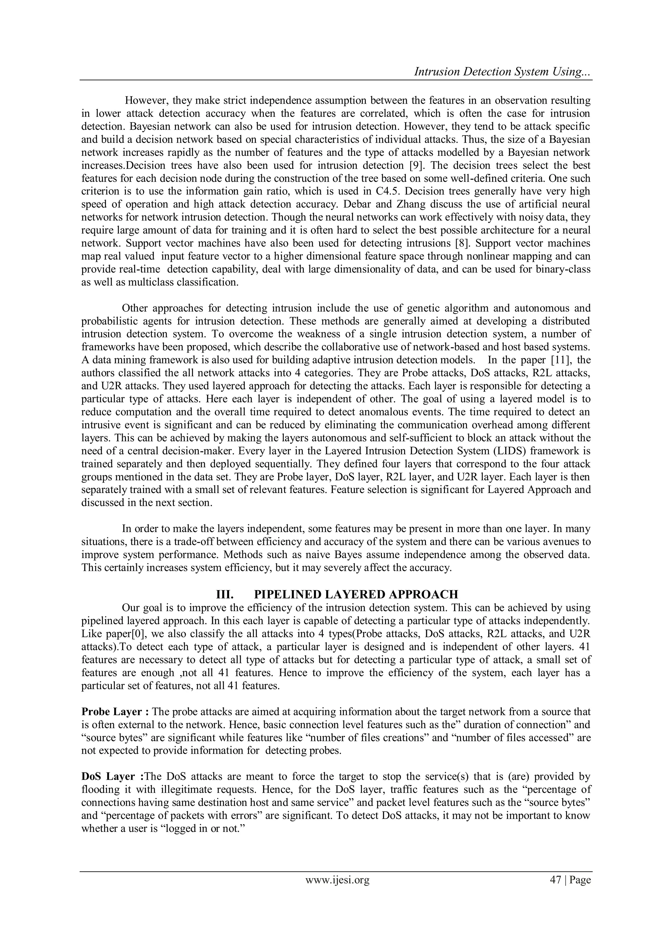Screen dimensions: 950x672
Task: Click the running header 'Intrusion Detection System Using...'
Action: click(502, 72)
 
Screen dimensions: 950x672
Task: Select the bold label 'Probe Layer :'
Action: click(115, 712)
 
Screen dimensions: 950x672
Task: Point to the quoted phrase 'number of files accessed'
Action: click(510, 738)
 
